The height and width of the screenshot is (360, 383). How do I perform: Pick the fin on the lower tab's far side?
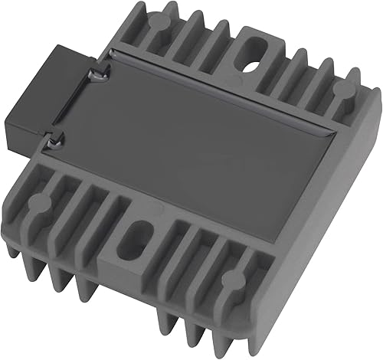click(x=188, y=253)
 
